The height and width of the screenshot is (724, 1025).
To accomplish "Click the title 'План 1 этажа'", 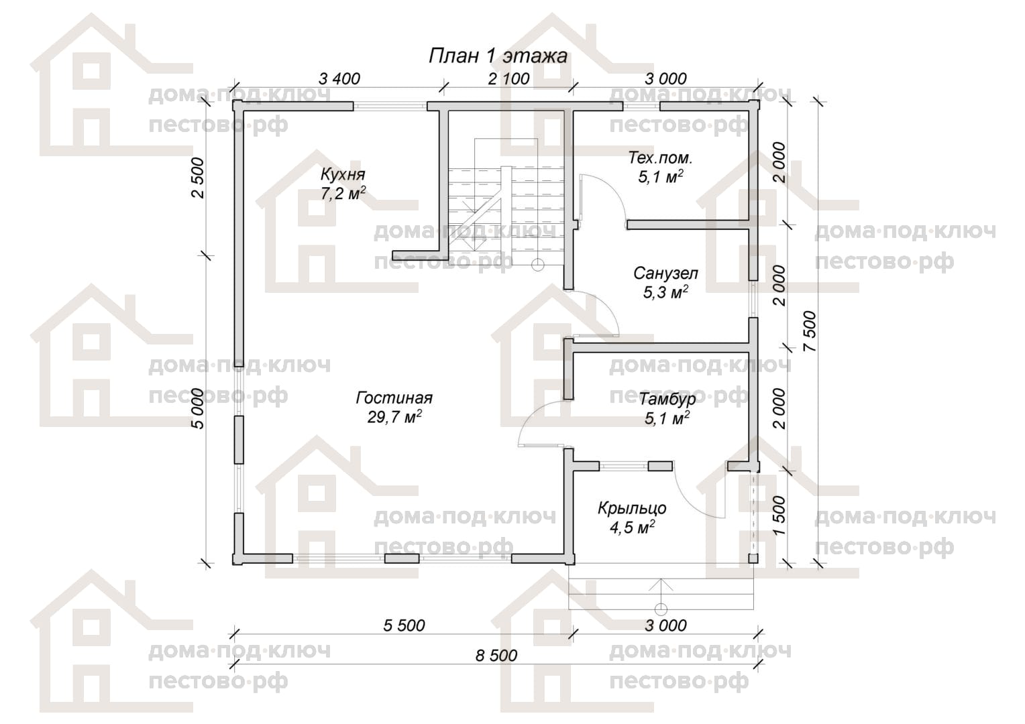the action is pos(498,56).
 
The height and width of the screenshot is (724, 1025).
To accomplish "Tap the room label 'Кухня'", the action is pos(343,175).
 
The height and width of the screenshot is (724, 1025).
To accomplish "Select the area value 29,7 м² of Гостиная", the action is pos(394,417).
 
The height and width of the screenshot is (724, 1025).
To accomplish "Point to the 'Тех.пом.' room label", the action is pos(660,158).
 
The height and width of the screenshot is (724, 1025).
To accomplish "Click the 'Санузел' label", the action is pos(666,274).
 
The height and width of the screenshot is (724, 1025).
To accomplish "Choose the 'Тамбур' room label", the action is pos(667,399).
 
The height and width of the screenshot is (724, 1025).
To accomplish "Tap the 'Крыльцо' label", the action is pos(632,508).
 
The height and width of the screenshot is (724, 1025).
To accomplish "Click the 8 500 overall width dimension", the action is pos(496,656).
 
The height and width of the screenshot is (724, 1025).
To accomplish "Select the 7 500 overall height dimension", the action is pos(809,331).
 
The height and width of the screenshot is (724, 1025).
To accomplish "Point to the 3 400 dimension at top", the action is pos(339,78).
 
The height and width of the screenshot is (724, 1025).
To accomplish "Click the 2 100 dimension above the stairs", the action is pos(509,78).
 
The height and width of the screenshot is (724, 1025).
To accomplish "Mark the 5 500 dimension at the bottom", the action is pos(404,625).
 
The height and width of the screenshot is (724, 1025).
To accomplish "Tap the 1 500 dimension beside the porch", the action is pos(779,515).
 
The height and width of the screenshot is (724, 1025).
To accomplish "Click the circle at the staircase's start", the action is pos(538,264).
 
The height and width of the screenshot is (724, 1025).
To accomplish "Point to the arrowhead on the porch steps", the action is pos(661,584).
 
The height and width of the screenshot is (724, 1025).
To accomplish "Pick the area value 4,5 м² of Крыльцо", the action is pos(632,528).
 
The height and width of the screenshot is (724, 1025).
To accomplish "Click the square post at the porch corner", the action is pos(753,558).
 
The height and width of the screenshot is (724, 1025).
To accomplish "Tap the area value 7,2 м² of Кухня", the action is pos(343,194).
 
